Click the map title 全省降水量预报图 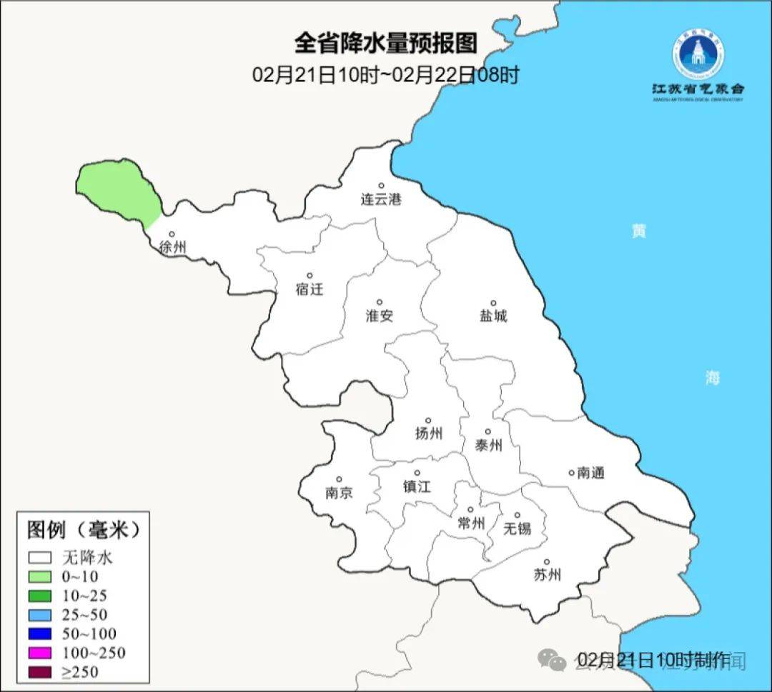coord(385,44)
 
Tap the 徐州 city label coord(173,248)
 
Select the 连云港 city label coord(381,199)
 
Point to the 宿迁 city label coord(310,289)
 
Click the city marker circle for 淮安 coord(380,302)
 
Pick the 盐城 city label coord(493,316)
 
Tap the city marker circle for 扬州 coord(428,420)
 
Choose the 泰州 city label coord(488,446)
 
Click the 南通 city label coord(591,473)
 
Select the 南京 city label coord(339,493)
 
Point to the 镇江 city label coord(417,486)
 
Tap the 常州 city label coord(471,523)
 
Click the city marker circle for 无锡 coord(518,515)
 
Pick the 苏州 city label coord(547,575)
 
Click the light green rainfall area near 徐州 coord(119,189)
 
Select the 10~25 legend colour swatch coord(39,596)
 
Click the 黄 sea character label coord(638,231)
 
